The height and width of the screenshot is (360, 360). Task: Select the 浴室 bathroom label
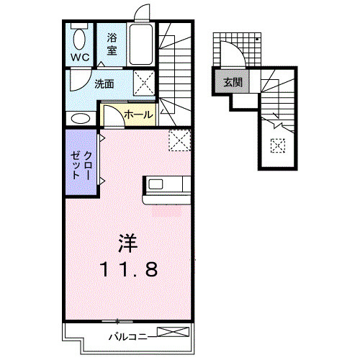tap(113, 43)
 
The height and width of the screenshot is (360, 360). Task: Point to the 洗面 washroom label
tap(104, 83)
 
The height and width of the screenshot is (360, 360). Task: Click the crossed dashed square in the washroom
tap(144, 83)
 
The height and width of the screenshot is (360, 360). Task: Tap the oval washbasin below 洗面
tap(80, 118)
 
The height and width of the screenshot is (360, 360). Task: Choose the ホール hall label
tap(138, 114)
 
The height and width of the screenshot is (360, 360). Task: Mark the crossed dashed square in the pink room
tap(179, 138)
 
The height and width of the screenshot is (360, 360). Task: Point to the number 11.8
tap(127, 270)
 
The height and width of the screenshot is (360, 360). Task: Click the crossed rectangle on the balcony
tap(174, 333)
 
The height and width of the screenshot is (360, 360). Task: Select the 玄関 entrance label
tap(233, 82)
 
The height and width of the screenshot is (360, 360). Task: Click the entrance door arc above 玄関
tap(235, 52)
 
